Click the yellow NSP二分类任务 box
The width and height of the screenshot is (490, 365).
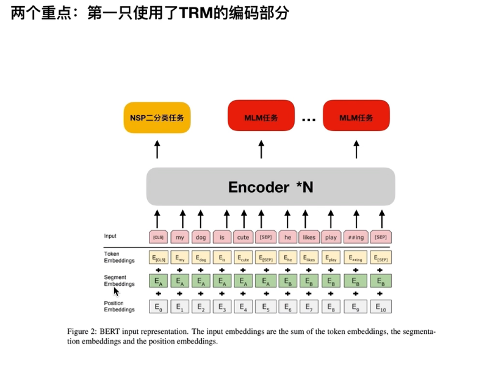pos(157,118)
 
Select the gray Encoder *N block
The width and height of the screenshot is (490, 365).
pos(270,186)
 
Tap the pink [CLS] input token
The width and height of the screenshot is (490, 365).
pos(158,237)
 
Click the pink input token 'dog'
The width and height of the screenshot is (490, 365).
pos(200,237)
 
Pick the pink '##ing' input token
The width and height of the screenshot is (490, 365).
pos(356,237)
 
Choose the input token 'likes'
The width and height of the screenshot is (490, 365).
pos(309,237)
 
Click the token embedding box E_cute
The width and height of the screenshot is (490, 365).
pos(243,258)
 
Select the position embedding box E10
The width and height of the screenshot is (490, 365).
pos(381,307)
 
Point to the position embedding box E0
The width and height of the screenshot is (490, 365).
pos(159,307)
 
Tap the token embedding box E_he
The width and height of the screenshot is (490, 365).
pos(287,258)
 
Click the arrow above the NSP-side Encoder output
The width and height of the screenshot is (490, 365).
pos(157,149)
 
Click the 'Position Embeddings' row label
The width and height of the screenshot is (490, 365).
pos(120,306)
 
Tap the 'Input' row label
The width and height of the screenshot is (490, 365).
pos(110,236)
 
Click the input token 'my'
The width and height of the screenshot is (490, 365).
pos(179,237)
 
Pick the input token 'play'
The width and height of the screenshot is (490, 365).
pos(331,237)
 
